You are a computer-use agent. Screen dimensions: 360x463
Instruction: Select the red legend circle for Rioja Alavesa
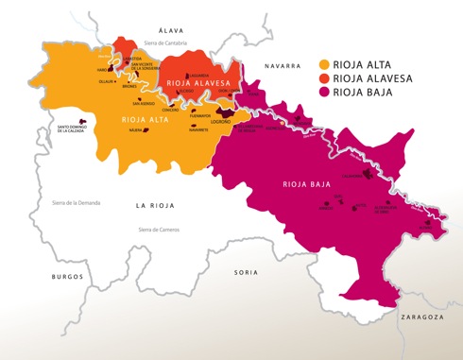coord(325,80)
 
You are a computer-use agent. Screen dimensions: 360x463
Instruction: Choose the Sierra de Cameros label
coord(159,230)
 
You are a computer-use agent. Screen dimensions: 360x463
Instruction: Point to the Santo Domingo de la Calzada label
coord(75,129)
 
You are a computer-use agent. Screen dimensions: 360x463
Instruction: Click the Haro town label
coord(103,69)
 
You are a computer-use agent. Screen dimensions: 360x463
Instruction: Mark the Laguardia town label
coord(197,75)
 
